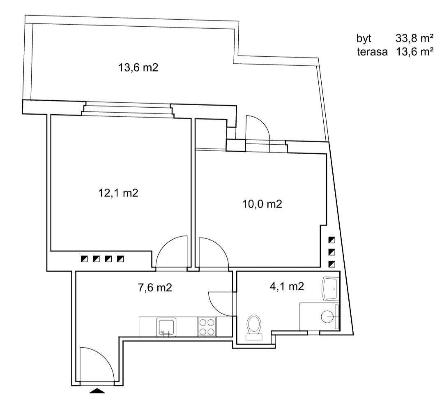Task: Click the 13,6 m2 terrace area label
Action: coord(138,68)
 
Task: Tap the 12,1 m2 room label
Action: coord(118,193)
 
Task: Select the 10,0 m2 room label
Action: coord(262,204)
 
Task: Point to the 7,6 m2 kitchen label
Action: coord(155,288)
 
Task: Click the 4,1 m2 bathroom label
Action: coord(287,287)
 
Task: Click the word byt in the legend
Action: coord(364,38)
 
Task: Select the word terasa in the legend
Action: coord(372,52)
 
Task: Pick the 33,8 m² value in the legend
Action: coord(414,38)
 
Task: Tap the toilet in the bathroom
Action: coord(254,328)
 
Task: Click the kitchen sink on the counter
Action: coord(167,327)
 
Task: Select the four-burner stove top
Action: coord(207,327)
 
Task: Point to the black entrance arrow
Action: coord(97,391)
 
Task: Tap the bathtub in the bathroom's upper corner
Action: coord(330,289)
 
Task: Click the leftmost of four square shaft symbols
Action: coord(84,259)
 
